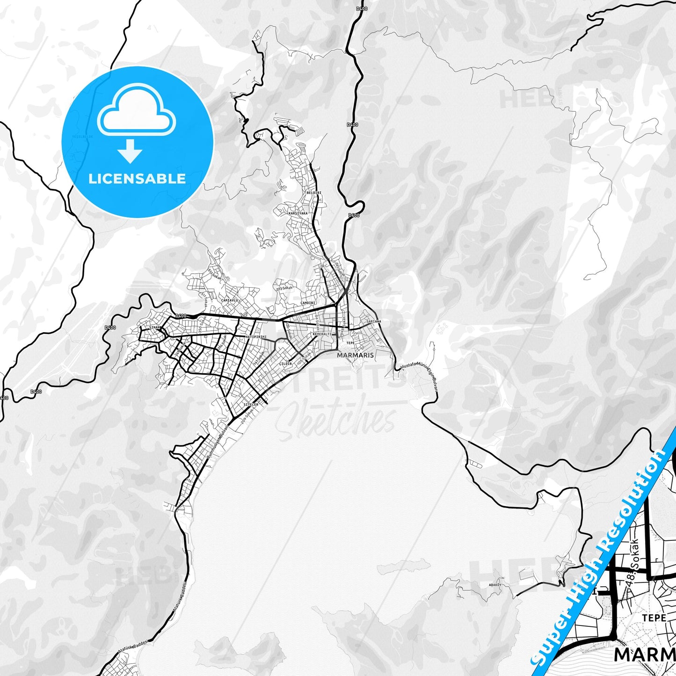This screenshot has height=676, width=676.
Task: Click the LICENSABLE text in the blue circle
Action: point(137,179)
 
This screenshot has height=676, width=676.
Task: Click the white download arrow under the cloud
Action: point(130,151)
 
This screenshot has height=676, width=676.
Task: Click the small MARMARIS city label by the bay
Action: point(356,355)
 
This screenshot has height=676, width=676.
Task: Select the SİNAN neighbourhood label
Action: point(154,327)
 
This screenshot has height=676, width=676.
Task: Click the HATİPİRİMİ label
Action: point(256,337)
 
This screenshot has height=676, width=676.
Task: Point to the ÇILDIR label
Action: point(285,363)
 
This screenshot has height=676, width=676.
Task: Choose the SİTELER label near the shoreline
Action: point(251,404)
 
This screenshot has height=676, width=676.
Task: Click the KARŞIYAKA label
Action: point(298,213)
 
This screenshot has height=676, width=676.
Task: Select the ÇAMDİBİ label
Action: point(308,303)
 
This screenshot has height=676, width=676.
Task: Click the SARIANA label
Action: point(374,322)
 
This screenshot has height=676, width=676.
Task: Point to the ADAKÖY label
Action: point(494,585)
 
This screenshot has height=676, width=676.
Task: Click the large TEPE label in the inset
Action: point(654,618)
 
